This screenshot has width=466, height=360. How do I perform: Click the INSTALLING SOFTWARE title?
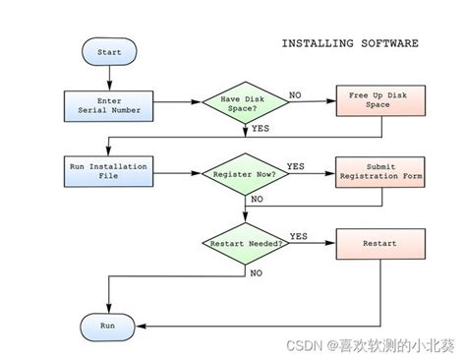tap(349, 43)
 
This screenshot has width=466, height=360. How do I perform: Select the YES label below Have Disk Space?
tap(262, 128)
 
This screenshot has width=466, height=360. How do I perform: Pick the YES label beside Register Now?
tap(295, 164)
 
